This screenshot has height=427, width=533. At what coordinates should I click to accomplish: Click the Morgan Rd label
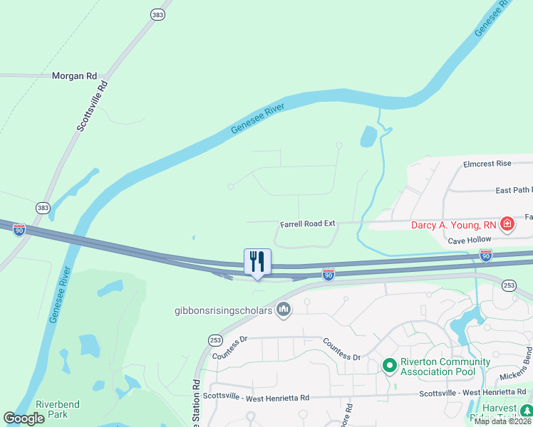pyautogui.click(x=74, y=75)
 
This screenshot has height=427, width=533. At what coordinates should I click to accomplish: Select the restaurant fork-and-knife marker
pyautogui.click(x=257, y=261)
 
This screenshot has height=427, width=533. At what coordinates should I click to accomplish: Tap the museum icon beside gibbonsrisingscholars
pyautogui.click(x=284, y=309)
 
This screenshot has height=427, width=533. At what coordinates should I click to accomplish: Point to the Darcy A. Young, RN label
pyautogui.click(x=455, y=226)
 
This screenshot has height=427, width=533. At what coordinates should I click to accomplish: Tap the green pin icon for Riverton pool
pyautogui.click(x=389, y=366)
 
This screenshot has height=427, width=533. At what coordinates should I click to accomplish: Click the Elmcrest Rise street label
pyautogui.click(x=487, y=164)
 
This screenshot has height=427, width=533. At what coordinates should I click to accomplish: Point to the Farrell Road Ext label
pyautogui.click(x=307, y=223)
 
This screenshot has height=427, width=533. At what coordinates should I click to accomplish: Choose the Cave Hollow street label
pyautogui.click(x=470, y=241)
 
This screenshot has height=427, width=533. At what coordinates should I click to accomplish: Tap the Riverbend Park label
pyautogui.click(x=58, y=409)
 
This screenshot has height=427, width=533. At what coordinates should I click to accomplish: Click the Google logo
pyautogui.click(x=24, y=419)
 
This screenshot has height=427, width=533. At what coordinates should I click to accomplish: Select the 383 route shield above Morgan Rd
pyautogui.click(x=157, y=14)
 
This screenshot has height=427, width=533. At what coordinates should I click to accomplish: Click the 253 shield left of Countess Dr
pyautogui.click(x=214, y=340)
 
